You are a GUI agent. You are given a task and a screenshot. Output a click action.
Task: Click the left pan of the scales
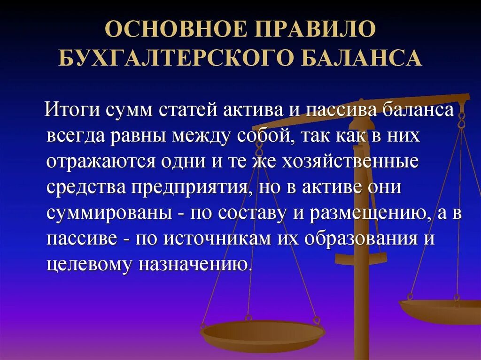(x=263, y=335)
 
